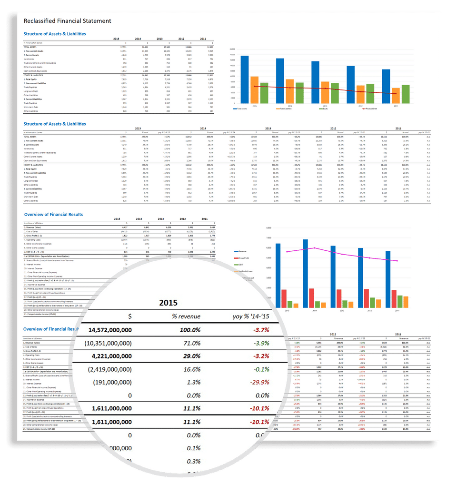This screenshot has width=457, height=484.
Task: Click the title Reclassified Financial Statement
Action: pos(68,21)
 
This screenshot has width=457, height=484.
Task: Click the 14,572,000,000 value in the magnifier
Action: pos(110,329)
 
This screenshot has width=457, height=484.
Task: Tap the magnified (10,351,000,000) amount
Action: pos(108,343)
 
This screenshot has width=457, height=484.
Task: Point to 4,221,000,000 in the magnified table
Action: pos(110,356)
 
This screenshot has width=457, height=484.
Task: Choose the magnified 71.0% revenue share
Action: pos(190,343)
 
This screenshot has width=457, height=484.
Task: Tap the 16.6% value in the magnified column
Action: pos(190,369)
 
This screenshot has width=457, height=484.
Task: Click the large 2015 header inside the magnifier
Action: pos(168,302)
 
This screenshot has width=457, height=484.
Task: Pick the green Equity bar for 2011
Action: pos(405,94)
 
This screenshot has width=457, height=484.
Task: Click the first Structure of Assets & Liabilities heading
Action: pos(55,34)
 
